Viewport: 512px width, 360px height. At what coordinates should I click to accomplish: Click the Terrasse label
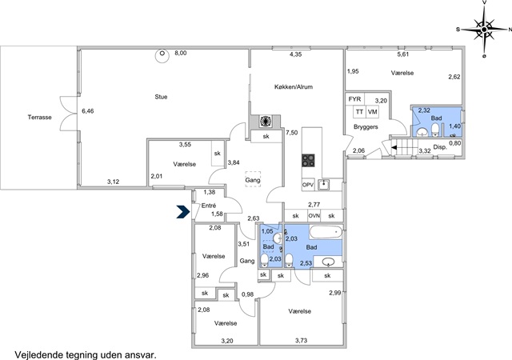39,118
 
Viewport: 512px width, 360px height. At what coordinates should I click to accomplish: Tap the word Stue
161,97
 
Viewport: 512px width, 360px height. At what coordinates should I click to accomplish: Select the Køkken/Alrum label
294,87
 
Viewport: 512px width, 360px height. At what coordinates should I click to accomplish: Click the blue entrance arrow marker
183,211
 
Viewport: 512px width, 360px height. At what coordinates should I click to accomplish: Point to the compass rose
484,30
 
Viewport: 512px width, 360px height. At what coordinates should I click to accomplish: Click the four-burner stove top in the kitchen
308,160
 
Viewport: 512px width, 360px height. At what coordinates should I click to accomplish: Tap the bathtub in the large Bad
326,232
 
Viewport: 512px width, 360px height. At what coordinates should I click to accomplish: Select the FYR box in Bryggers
354,99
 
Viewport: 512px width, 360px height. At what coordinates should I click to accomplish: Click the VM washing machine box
372,112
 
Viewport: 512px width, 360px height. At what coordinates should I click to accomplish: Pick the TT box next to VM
359,112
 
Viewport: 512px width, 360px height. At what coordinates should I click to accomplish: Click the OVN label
314,216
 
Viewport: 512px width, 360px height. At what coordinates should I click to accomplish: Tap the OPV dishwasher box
308,185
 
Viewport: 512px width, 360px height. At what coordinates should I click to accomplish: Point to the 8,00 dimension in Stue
181,53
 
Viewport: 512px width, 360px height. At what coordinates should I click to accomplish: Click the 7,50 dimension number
291,132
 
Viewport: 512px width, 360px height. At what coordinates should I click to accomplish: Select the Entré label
209,206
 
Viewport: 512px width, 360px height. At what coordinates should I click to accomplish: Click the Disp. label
440,147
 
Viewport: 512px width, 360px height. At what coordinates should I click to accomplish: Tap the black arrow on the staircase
394,148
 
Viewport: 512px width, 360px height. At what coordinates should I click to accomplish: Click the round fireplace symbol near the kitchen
265,121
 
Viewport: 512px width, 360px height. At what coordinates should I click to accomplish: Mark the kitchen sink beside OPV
323,185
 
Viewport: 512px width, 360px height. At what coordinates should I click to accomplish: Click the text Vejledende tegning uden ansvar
86,354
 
